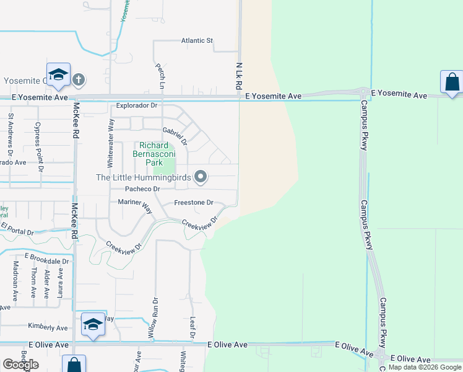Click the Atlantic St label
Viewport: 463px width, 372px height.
pos(197,41)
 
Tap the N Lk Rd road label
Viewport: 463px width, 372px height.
pos(238,76)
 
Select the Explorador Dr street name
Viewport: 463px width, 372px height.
pos(137,105)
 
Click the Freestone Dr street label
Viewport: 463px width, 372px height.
pos(193,203)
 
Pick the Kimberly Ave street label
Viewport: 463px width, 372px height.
pos(48,326)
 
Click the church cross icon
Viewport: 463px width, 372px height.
pos(78,79)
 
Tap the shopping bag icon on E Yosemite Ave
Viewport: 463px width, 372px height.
pos(452,82)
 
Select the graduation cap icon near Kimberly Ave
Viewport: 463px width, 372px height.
pos(93,324)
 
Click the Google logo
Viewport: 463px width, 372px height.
pos(20,365)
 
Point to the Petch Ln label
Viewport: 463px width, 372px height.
pos(160,76)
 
